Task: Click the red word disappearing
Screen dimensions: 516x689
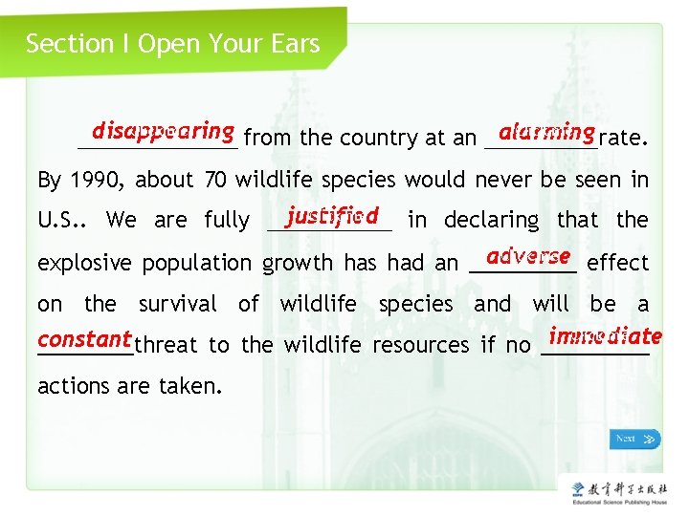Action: [x=164, y=131]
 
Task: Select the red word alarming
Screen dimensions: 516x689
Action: [x=546, y=131]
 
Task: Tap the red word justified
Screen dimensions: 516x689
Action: [x=332, y=214]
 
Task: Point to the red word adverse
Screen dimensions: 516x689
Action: [x=528, y=256]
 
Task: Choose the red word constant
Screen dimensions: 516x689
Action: [x=84, y=338]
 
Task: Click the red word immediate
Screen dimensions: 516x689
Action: [x=606, y=336]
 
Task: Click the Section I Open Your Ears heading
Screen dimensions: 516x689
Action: [x=172, y=44]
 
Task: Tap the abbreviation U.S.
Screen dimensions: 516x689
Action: [x=60, y=221]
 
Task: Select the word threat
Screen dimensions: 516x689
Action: [x=166, y=345]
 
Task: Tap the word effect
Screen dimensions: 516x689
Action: [x=617, y=263]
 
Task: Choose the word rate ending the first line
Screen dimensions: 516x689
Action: [x=625, y=139]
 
